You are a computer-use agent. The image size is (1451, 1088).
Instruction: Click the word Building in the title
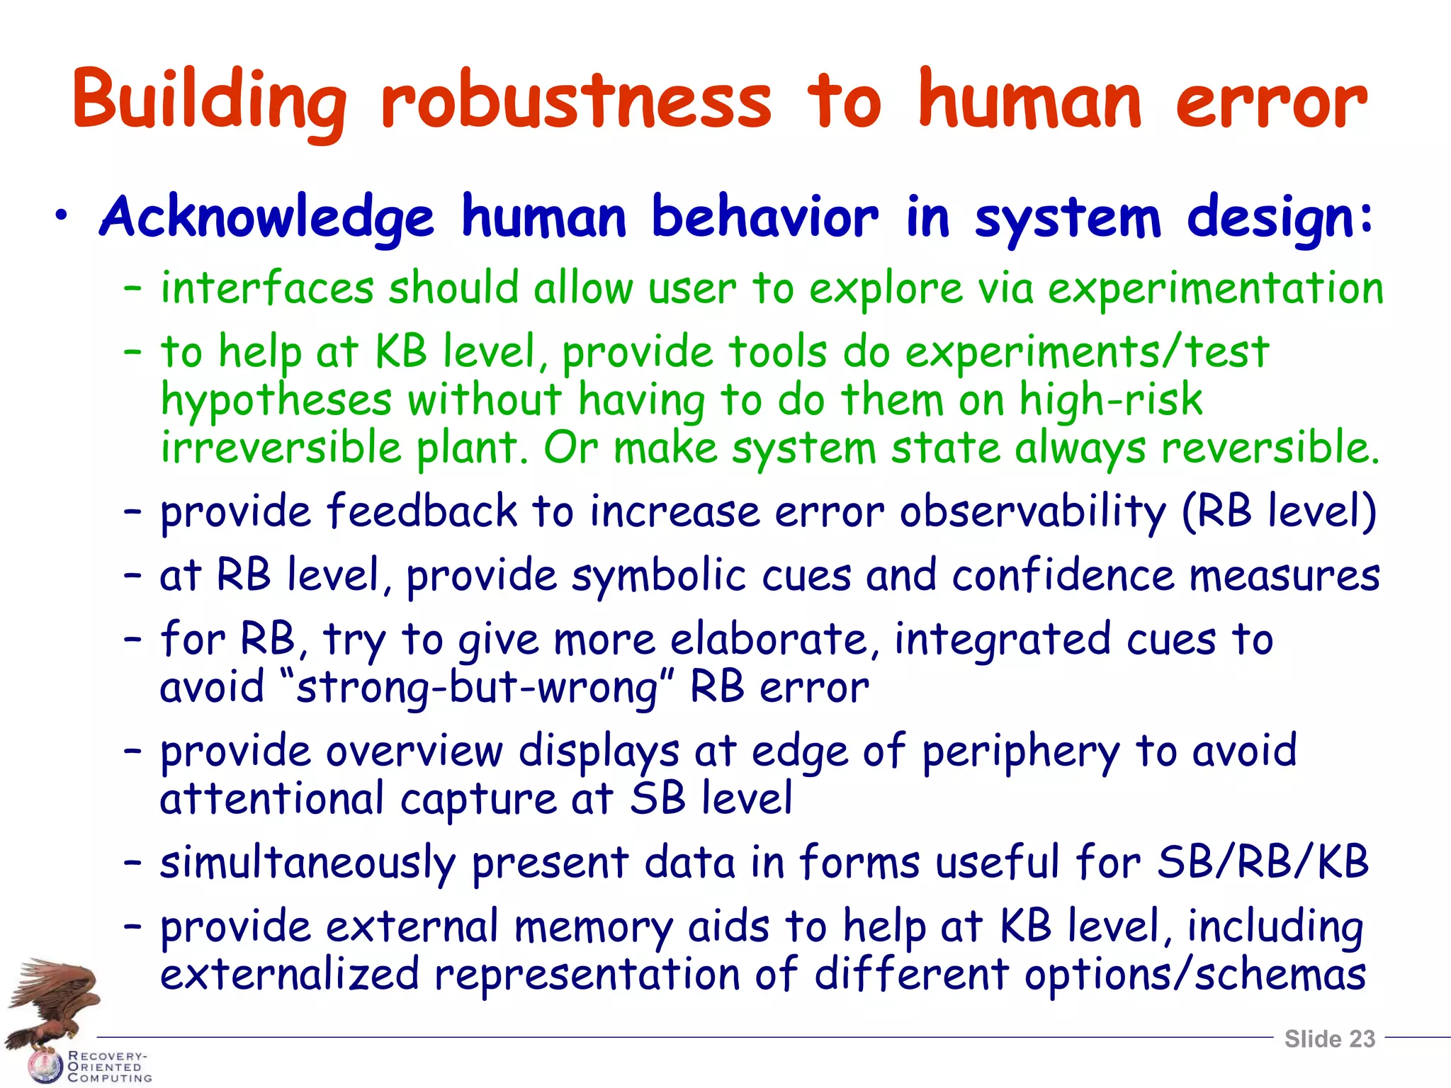(209, 101)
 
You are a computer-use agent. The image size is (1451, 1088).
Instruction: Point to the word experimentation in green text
(1215, 289)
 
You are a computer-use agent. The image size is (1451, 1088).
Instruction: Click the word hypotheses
(276, 400)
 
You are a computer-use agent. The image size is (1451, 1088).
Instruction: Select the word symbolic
(658, 575)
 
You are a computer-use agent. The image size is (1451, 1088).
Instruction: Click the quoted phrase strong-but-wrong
(477, 688)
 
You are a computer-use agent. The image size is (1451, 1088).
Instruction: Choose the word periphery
(1020, 752)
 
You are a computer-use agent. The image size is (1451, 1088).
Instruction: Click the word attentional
(271, 799)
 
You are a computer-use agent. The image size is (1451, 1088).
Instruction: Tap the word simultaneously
(307, 863)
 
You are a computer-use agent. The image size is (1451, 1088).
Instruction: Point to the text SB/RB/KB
(1263, 862)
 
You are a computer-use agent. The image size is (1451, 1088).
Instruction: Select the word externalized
(290, 974)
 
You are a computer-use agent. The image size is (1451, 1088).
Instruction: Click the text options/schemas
(1195, 974)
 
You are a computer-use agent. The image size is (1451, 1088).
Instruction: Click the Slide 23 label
(1329, 1038)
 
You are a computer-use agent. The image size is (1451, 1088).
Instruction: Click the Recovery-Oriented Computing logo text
(108, 1067)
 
